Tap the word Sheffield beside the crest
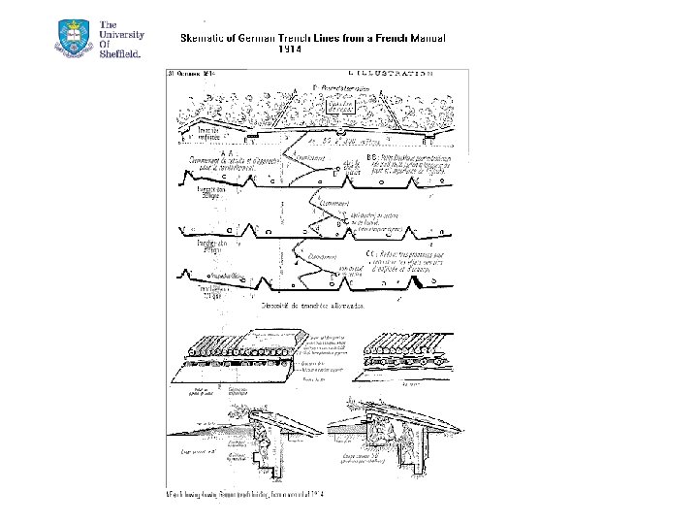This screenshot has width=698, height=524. (x=120, y=53)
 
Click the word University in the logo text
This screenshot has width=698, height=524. (x=121, y=33)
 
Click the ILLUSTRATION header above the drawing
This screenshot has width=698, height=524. (x=389, y=73)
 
